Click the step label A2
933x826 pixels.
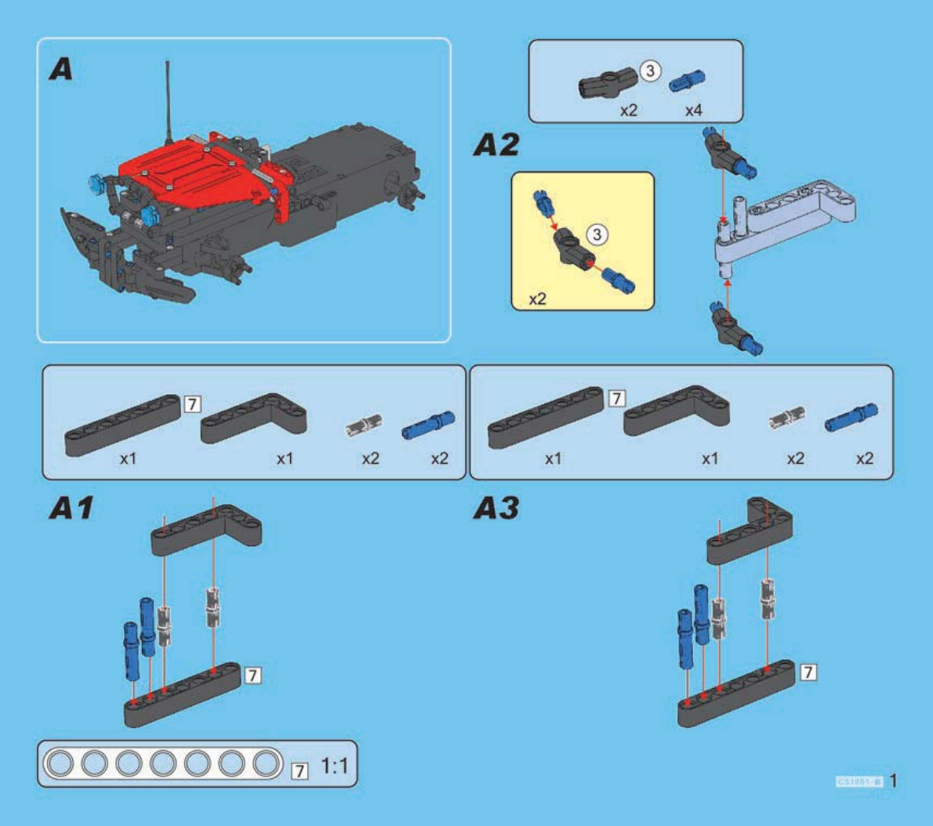[x=496, y=145]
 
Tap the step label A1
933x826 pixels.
[x=71, y=509]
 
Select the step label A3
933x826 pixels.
[x=496, y=509]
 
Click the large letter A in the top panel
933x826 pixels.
[x=61, y=70]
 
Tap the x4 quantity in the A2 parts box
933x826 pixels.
[x=693, y=110]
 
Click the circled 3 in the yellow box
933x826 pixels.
[x=597, y=234]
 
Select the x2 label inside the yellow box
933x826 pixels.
[x=537, y=299]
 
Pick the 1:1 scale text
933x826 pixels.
[x=335, y=765]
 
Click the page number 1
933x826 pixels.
[x=893, y=781]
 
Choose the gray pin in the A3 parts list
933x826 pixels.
[x=787, y=419]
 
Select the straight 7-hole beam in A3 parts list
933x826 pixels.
[x=545, y=418]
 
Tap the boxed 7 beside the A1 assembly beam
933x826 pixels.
[x=252, y=675]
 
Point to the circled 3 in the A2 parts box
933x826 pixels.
[x=650, y=71]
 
